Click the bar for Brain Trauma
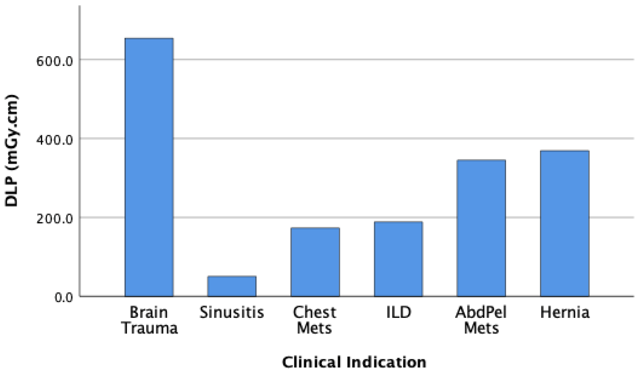149,167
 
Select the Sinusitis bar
232,286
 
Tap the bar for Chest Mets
315,262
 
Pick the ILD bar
398,259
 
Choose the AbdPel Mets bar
481,228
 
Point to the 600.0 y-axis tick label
55,61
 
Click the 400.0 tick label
55,140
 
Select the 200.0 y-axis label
55,219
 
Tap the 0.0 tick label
64,298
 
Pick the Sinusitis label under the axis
232,312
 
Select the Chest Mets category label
315,320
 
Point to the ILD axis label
398,312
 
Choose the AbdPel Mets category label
481,320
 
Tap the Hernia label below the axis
565,312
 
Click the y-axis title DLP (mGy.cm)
11,150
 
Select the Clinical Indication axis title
354,362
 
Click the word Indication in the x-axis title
386,362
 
